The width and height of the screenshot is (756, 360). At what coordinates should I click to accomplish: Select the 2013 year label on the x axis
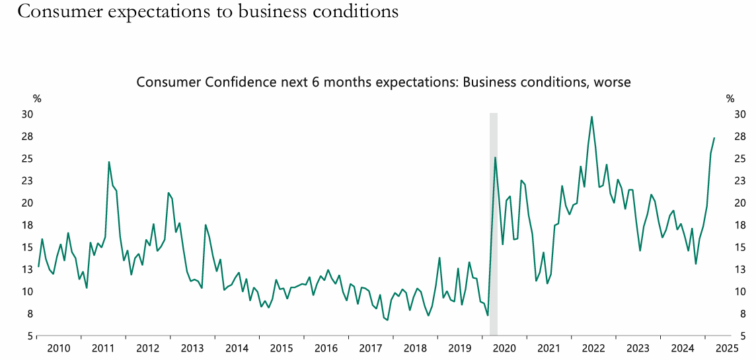tap(192, 348)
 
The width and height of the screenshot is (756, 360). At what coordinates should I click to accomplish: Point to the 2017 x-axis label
tap(371, 348)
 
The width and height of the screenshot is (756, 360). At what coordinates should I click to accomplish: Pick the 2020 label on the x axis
tap(505, 348)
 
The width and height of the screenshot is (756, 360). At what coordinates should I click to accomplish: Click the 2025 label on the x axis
tap(727, 348)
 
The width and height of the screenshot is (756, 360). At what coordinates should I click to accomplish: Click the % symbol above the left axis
tap(37, 99)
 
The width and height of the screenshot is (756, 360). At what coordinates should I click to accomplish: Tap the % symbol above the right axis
tap(730, 99)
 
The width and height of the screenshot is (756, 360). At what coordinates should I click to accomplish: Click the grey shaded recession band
tap(493, 225)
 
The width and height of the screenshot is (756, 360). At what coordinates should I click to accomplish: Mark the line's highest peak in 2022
tap(591, 117)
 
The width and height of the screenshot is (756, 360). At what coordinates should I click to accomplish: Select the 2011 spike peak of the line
tap(109, 162)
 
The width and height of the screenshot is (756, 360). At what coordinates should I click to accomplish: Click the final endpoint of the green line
tap(714, 138)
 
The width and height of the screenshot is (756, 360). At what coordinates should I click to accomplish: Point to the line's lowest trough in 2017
tap(387, 320)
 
